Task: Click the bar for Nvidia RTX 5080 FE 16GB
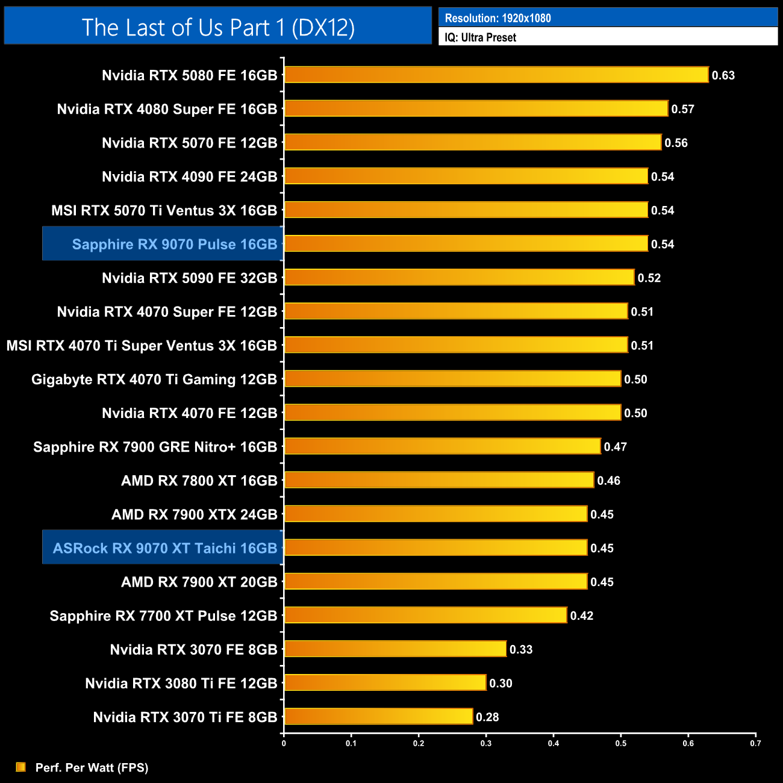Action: (496, 75)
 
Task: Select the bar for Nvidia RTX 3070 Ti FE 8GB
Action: (378, 716)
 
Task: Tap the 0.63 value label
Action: (723, 75)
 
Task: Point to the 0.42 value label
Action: (582, 616)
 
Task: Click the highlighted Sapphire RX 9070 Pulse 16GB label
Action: (175, 244)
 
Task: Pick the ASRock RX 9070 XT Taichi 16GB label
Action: (165, 548)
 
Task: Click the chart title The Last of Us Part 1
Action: (218, 27)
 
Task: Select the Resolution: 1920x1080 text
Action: (498, 18)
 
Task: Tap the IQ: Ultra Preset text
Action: (481, 37)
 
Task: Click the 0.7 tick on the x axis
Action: (755, 743)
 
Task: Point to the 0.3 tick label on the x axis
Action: (486, 743)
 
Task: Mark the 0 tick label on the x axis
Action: (284, 743)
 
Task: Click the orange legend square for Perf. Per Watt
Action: (21, 767)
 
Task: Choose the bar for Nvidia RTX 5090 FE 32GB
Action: (459, 277)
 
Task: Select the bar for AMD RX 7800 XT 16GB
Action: (439, 480)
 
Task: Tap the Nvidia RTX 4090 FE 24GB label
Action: (190, 176)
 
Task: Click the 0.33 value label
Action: (521, 649)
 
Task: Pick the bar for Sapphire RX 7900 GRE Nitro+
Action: (442, 446)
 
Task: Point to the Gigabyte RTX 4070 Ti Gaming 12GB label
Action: (154, 379)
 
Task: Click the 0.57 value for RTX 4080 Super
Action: (683, 109)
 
